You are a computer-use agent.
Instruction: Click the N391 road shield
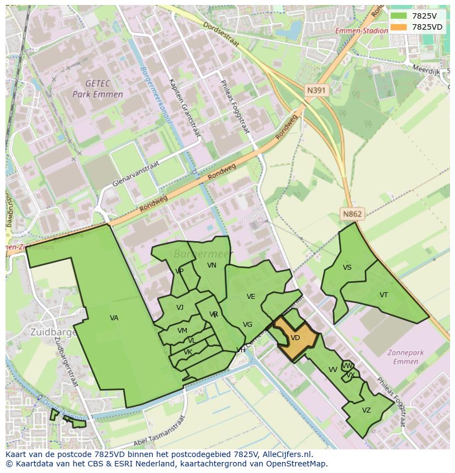pos(317,90)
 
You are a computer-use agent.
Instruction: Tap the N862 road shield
pos(352,214)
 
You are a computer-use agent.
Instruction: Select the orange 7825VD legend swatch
pos(399,27)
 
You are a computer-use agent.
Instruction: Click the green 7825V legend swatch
pos(399,16)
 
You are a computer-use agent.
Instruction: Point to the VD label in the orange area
pos(295,338)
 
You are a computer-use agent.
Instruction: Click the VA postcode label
pos(114,318)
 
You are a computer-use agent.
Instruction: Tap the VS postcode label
pos(347,268)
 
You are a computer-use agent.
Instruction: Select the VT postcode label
pos(384,295)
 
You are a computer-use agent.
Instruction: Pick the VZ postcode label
pos(367,410)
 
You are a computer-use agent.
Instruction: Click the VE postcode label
pos(251,297)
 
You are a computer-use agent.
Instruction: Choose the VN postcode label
pos(212,265)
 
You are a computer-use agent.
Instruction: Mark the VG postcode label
pos(248,325)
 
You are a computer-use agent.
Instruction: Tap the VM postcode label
pos(182,331)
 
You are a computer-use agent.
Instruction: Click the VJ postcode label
pos(180,308)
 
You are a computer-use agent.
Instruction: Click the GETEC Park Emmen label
pos(97,88)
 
